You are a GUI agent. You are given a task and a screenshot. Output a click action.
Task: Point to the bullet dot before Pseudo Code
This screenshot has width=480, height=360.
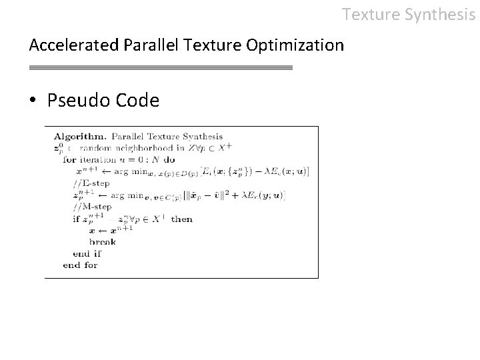[33, 101]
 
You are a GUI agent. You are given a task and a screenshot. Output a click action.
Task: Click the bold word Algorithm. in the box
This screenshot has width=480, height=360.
[77, 137]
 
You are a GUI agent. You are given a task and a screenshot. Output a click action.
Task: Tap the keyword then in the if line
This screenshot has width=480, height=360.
[181, 219]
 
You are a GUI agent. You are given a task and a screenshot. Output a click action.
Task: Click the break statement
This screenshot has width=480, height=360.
[102, 241]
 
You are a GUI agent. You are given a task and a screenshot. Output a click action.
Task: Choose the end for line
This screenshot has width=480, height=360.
[80, 265]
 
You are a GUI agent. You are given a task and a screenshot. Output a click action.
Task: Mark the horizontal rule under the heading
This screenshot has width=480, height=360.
[161, 68]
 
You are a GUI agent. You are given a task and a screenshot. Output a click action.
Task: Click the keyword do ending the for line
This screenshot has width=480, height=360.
[169, 159]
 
